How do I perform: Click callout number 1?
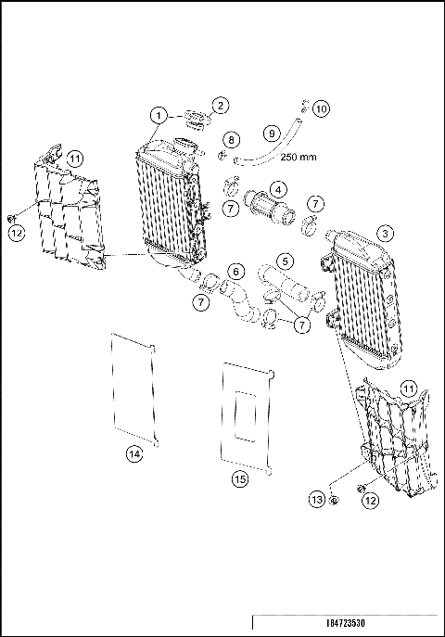[x=159, y=116]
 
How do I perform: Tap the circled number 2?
[x=221, y=106]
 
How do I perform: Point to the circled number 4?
[x=275, y=188]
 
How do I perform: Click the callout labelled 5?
[x=286, y=262]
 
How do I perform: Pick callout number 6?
[x=236, y=271]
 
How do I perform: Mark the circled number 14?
[x=135, y=453]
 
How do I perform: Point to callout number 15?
[x=239, y=478]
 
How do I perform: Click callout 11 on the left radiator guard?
[x=74, y=159]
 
